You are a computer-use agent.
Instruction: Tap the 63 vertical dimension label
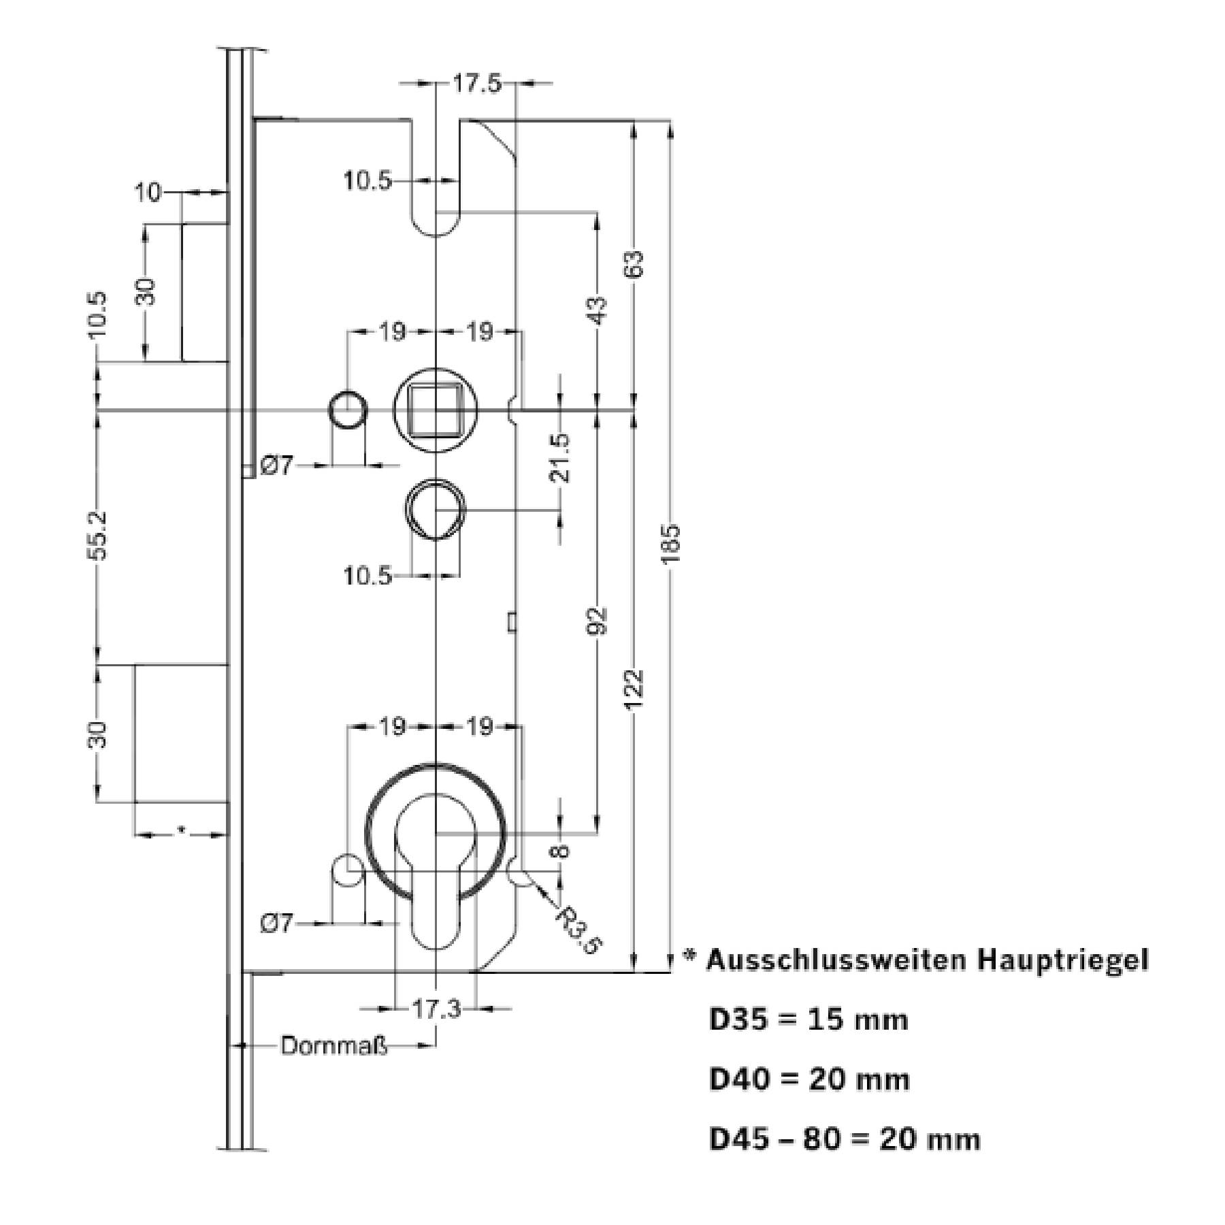coord(634,264)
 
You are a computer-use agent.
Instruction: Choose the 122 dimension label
coord(634,689)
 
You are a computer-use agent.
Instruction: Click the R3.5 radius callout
coord(579,930)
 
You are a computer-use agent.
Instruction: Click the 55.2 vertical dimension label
coord(98,536)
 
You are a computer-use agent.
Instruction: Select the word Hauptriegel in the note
coord(1063,960)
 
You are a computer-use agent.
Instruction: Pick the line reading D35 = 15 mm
coord(808,1020)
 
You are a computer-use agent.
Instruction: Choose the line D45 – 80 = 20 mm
coord(845,1139)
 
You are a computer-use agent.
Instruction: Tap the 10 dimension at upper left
coord(148,193)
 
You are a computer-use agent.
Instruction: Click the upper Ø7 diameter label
coord(276,466)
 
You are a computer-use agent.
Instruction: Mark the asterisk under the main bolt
coord(180,829)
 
